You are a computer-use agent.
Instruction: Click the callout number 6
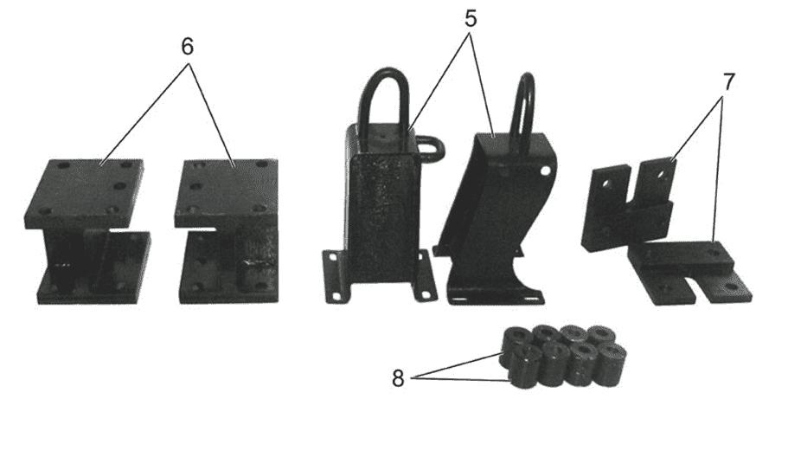(x=187, y=47)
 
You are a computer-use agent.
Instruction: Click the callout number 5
(x=471, y=18)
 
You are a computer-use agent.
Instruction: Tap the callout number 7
(x=728, y=81)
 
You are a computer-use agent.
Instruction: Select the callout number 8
(x=398, y=378)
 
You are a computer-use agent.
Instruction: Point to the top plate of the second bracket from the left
(x=226, y=193)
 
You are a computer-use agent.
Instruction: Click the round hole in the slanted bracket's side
(x=543, y=171)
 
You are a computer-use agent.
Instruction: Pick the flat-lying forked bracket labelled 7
(x=689, y=274)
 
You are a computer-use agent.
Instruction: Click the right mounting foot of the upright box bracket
(x=423, y=278)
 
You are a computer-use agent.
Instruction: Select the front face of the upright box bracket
(x=382, y=214)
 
